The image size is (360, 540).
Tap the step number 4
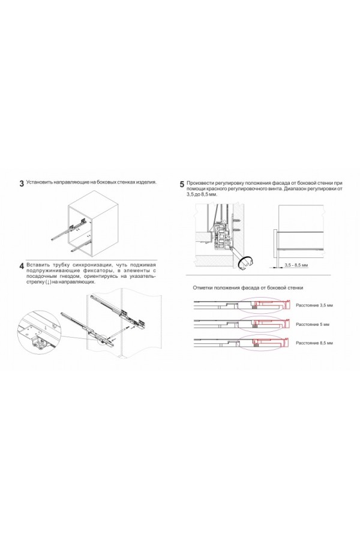(22, 266)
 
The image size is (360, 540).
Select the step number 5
(182, 185)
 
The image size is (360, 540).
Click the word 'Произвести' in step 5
(202, 182)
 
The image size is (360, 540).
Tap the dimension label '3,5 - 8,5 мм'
(296, 265)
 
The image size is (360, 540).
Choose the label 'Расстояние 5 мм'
(312, 324)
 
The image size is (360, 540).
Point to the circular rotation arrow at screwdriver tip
(246, 261)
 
